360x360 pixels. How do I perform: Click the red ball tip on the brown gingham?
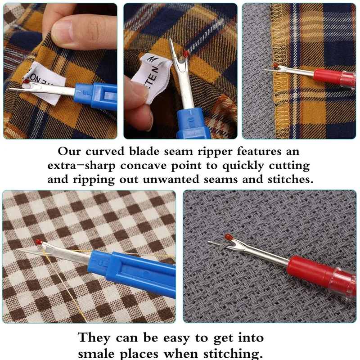(39, 242)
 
